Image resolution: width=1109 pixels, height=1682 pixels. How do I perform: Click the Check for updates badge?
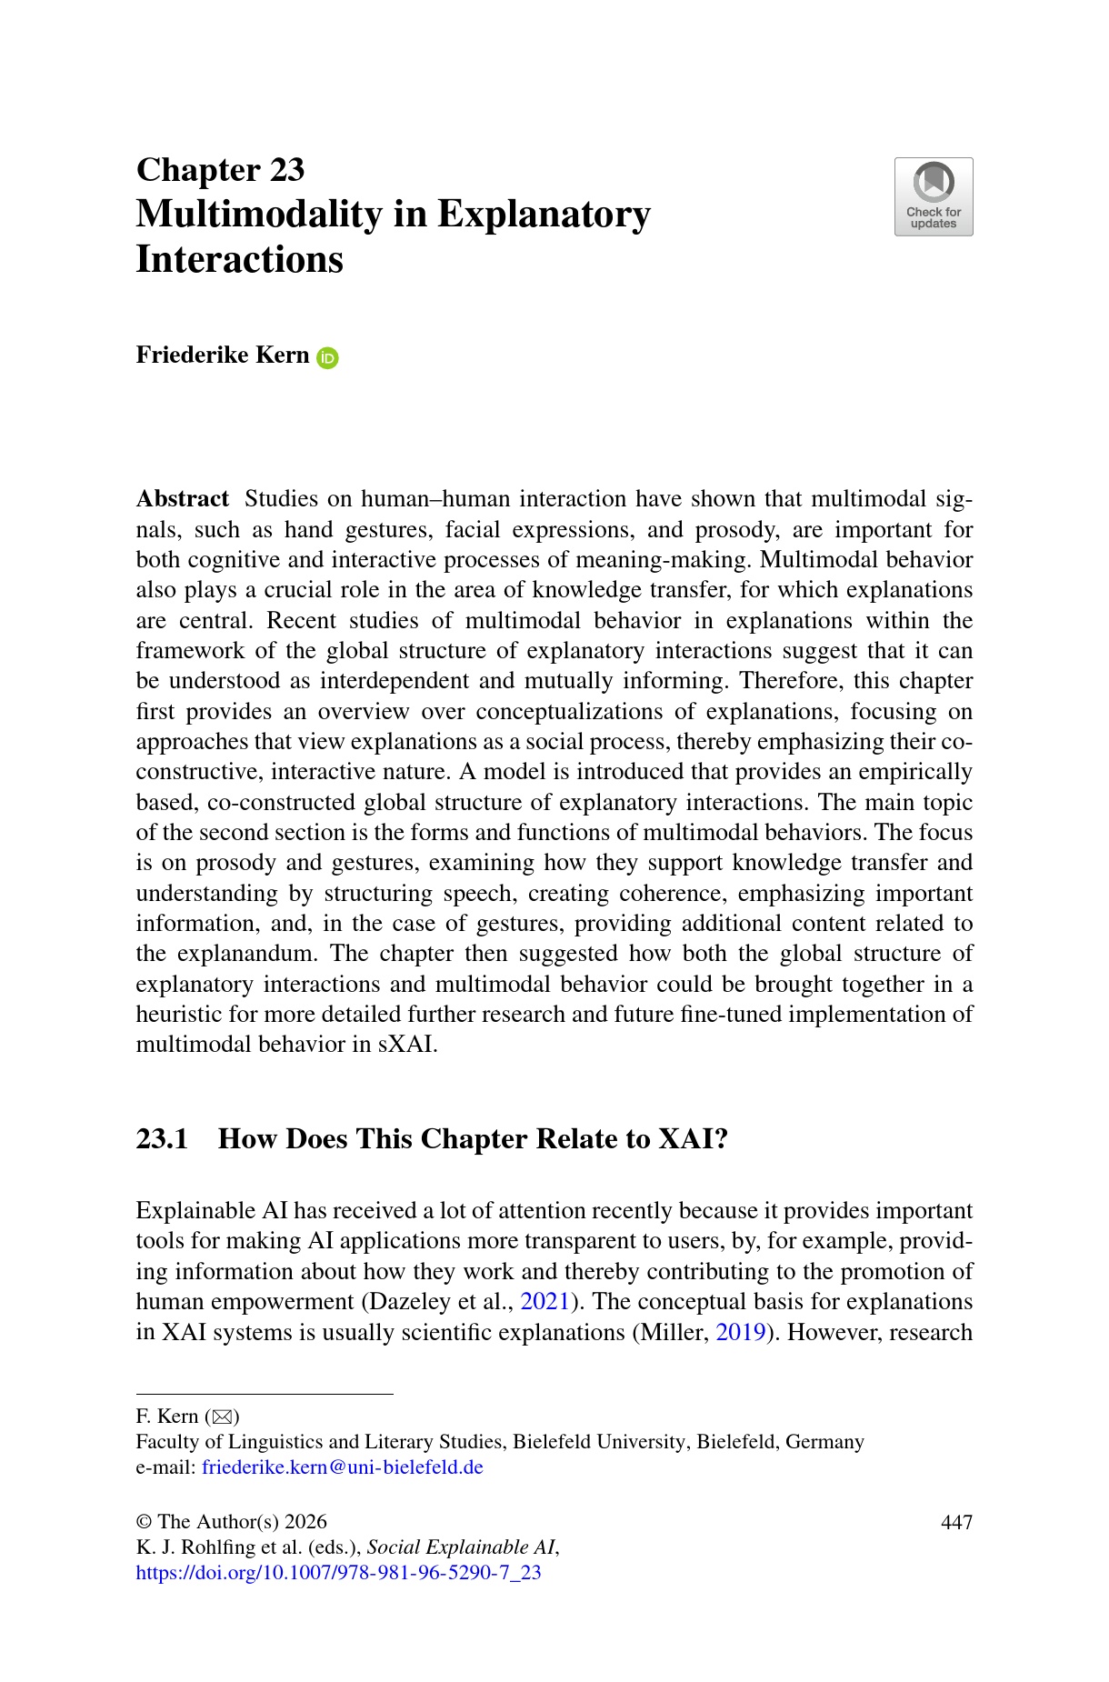[934, 196]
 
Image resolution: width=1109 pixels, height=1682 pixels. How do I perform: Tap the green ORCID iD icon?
[327, 358]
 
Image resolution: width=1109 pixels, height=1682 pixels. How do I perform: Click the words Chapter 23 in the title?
[220, 170]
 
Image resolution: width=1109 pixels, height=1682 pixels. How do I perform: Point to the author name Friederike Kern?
[223, 355]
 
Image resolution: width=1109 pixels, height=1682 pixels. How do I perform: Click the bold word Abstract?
[182, 499]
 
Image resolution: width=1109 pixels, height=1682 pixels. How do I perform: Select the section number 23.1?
[162, 1139]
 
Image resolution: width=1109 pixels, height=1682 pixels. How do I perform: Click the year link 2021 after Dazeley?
[545, 1302]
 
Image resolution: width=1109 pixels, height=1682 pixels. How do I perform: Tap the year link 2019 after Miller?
[740, 1333]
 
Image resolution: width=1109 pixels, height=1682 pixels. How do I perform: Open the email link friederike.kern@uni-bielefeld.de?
[342, 1467]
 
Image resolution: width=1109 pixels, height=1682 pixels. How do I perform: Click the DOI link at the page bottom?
[338, 1573]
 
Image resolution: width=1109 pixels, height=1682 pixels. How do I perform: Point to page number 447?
[956, 1522]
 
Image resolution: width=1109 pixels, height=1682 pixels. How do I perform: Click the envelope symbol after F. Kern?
[222, 1417]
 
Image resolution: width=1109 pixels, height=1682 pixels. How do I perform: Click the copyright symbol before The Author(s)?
[144, 1523]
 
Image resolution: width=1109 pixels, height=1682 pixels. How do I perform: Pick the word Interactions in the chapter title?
[239, 260]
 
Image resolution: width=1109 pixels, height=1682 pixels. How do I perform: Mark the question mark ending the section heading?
[721, 1139]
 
